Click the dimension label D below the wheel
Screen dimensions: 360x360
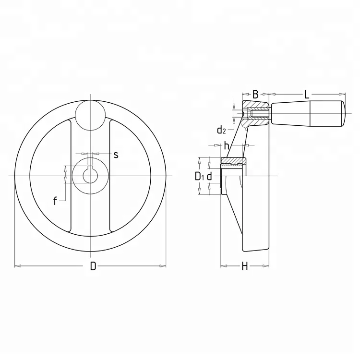(93, 267)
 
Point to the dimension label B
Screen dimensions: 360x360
(255, 95)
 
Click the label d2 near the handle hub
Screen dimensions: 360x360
(221, 130)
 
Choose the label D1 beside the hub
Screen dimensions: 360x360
(200, 177)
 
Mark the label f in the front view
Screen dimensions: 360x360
(55, 201)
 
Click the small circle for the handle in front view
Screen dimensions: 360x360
(90, 115)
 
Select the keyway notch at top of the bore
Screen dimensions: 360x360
(90, 168)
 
